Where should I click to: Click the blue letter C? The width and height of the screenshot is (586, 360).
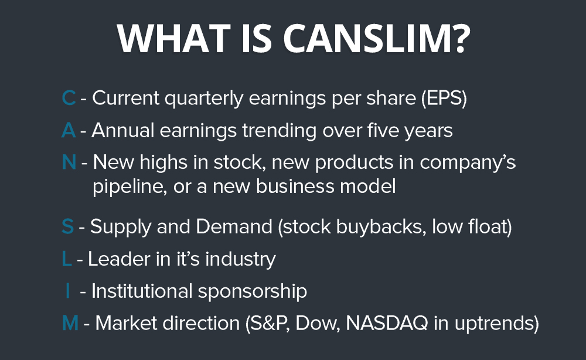69,99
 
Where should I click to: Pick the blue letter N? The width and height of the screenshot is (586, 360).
69,162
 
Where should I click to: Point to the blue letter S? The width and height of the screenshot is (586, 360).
67,226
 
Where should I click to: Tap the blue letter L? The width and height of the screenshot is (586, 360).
66,259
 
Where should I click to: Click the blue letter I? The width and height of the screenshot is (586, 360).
69,291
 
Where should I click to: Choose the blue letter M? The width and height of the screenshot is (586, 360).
70,323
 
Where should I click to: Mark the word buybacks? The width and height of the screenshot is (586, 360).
377,226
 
